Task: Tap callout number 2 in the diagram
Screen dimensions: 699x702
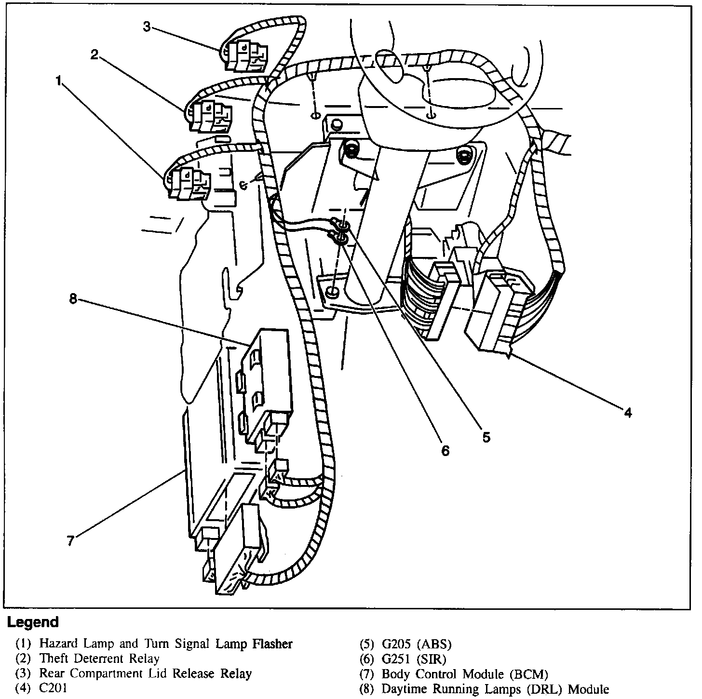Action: (94, 54)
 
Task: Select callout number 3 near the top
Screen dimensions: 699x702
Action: (147, 27)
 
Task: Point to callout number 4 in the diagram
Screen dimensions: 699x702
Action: (627, 413)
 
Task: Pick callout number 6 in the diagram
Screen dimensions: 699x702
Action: (445, 450)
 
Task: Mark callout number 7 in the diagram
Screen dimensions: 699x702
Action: (71, 541)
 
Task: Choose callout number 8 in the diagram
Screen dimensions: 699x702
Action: (73, 299)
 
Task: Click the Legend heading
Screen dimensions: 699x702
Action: (33, 622)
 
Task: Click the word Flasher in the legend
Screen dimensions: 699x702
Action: (272, 644)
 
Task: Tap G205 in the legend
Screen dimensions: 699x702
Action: (398, 644)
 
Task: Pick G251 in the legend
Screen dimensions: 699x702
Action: (397, 659)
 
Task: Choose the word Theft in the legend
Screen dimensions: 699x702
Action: (54, 658)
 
